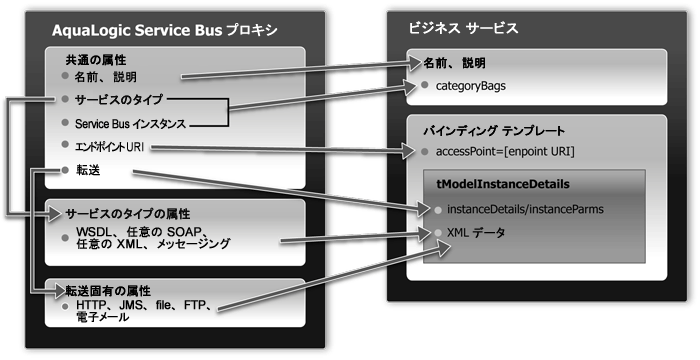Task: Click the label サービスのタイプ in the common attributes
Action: (118, 100)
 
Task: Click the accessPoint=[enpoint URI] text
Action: (503, 152)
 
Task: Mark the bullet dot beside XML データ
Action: (437, 232)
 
